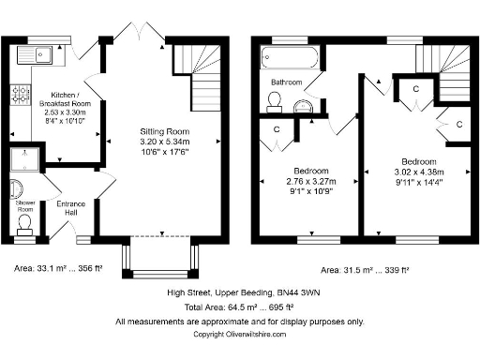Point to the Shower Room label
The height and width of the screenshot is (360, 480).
pyautogui.click(x=25, y=204)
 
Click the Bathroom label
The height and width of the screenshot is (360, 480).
pyautogui.click(x=286, y=82)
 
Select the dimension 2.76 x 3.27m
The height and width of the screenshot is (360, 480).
pyautogui.click(x=310, y=183)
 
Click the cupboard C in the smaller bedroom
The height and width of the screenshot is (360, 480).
pyautogui.click(x=277, y=129)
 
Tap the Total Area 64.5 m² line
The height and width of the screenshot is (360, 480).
pyautogui.click(x=239, y=306)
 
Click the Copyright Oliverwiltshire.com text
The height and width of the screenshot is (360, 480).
pyautogui.click(x=239, y=334)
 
